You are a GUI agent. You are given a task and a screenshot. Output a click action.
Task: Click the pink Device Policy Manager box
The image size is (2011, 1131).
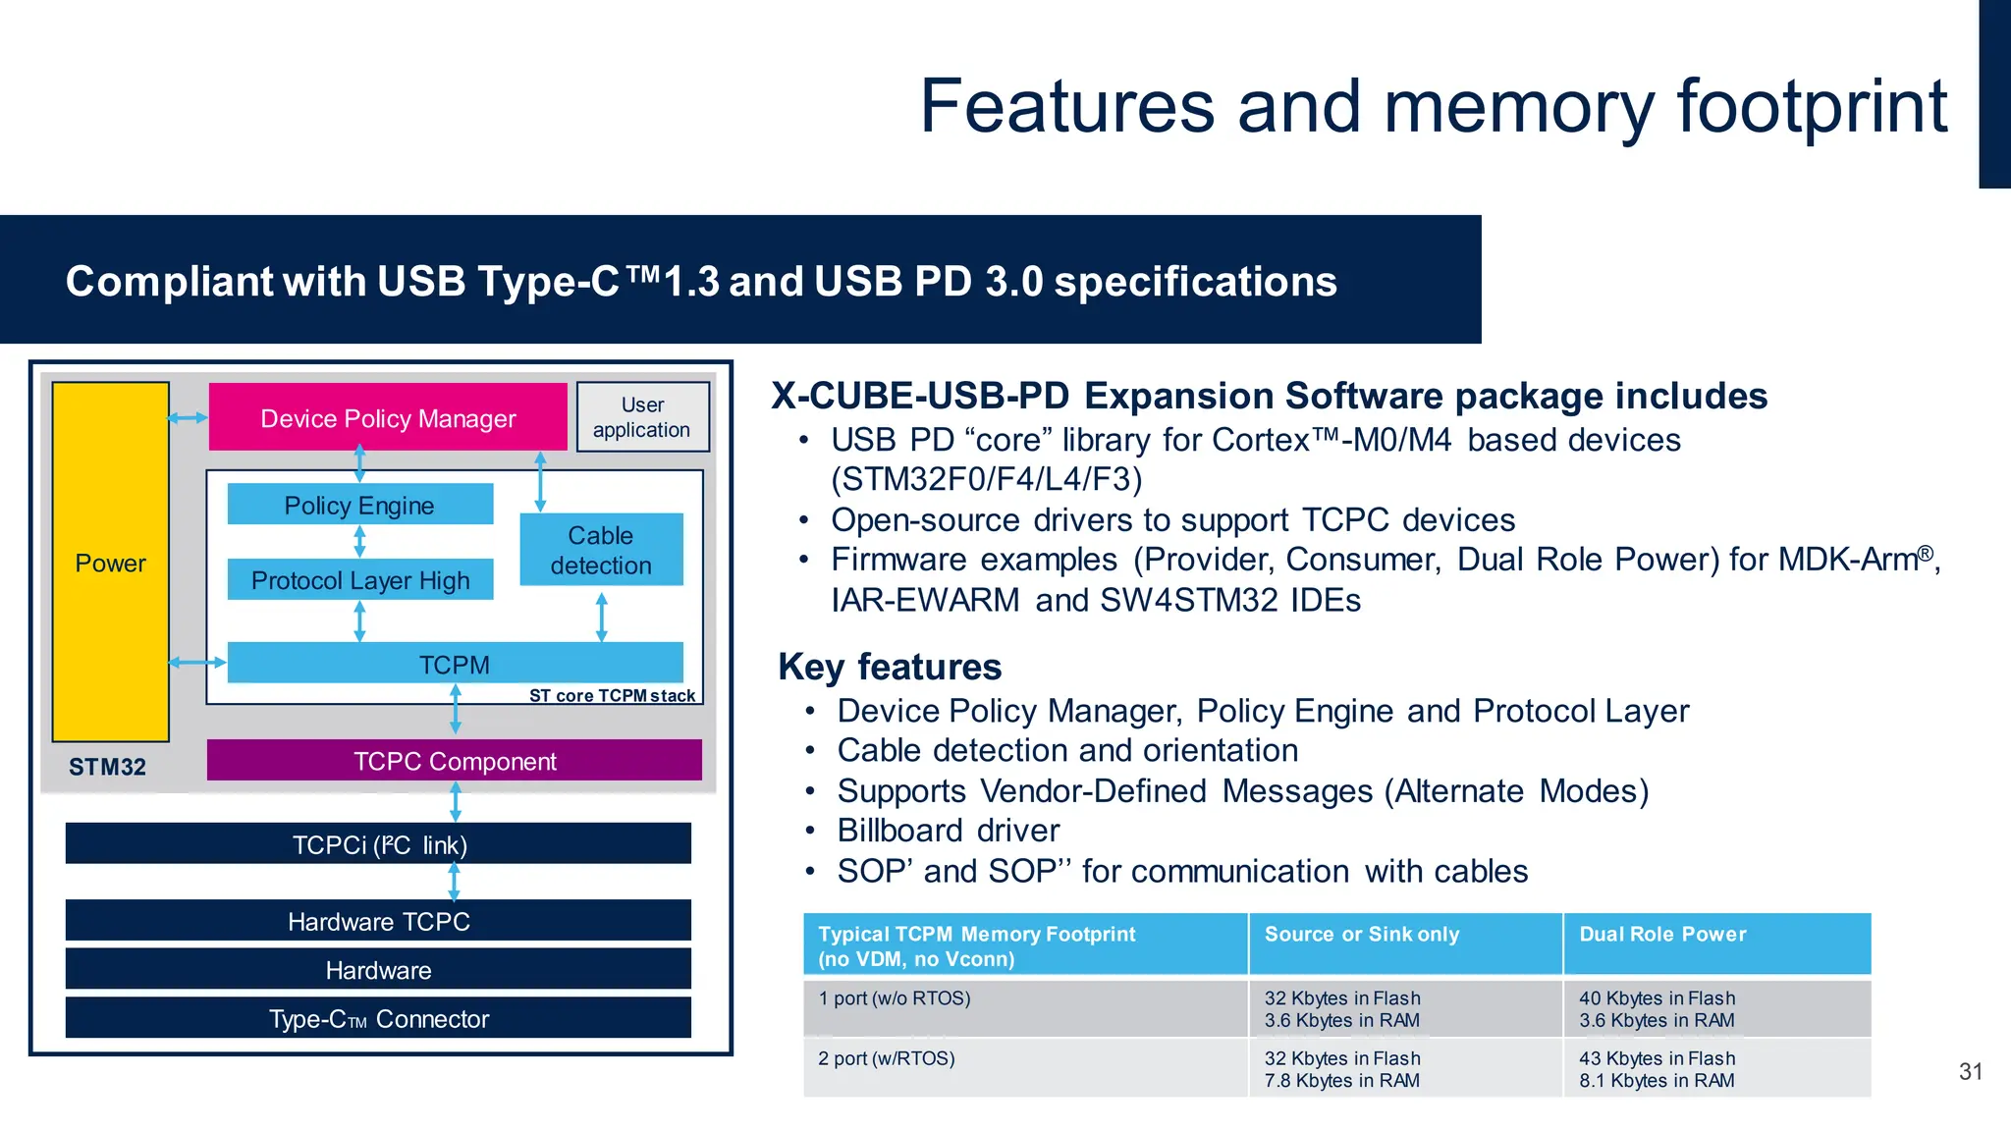388,418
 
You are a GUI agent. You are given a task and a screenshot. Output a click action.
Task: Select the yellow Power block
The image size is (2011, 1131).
110,563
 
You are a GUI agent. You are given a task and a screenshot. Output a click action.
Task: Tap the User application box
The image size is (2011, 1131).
642,417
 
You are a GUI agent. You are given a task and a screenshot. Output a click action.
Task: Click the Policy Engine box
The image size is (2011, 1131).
359,505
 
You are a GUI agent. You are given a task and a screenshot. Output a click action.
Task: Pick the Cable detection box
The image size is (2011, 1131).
601,550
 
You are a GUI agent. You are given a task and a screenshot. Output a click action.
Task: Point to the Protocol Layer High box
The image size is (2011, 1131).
359,580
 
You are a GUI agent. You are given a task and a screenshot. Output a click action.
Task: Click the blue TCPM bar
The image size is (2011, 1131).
454,664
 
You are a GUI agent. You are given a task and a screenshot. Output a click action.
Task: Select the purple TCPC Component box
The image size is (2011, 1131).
454,761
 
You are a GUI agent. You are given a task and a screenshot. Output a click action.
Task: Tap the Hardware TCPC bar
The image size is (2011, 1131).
378,921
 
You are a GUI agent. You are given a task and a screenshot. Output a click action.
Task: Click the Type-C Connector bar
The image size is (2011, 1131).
378,1018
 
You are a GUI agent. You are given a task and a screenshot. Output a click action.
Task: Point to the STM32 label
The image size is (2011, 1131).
107,767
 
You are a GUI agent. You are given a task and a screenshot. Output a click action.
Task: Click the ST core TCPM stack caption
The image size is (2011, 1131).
612,695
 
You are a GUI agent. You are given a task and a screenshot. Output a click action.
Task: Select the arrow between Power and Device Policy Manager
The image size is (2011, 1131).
188,418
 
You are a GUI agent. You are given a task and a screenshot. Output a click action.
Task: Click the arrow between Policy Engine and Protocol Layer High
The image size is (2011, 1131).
359,541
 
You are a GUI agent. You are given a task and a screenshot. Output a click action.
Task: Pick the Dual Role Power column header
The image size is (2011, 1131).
1662,934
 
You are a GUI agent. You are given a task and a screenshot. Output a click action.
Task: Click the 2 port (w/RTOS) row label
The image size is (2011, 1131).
886,1058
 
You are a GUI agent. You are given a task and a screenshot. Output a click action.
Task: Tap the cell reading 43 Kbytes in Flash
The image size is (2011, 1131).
1657,1058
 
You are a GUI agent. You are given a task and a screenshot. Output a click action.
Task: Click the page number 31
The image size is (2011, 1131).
1970,1071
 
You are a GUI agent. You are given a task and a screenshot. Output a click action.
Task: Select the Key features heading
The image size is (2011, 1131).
890,667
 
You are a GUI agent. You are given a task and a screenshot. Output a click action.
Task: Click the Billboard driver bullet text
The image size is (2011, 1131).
948,831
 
